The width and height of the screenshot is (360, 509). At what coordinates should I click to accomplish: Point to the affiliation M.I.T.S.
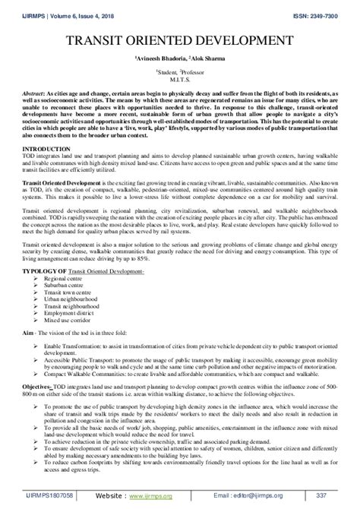click(x=180, y=77)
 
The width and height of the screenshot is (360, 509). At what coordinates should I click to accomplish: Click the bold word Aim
click(x=29, y=321)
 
